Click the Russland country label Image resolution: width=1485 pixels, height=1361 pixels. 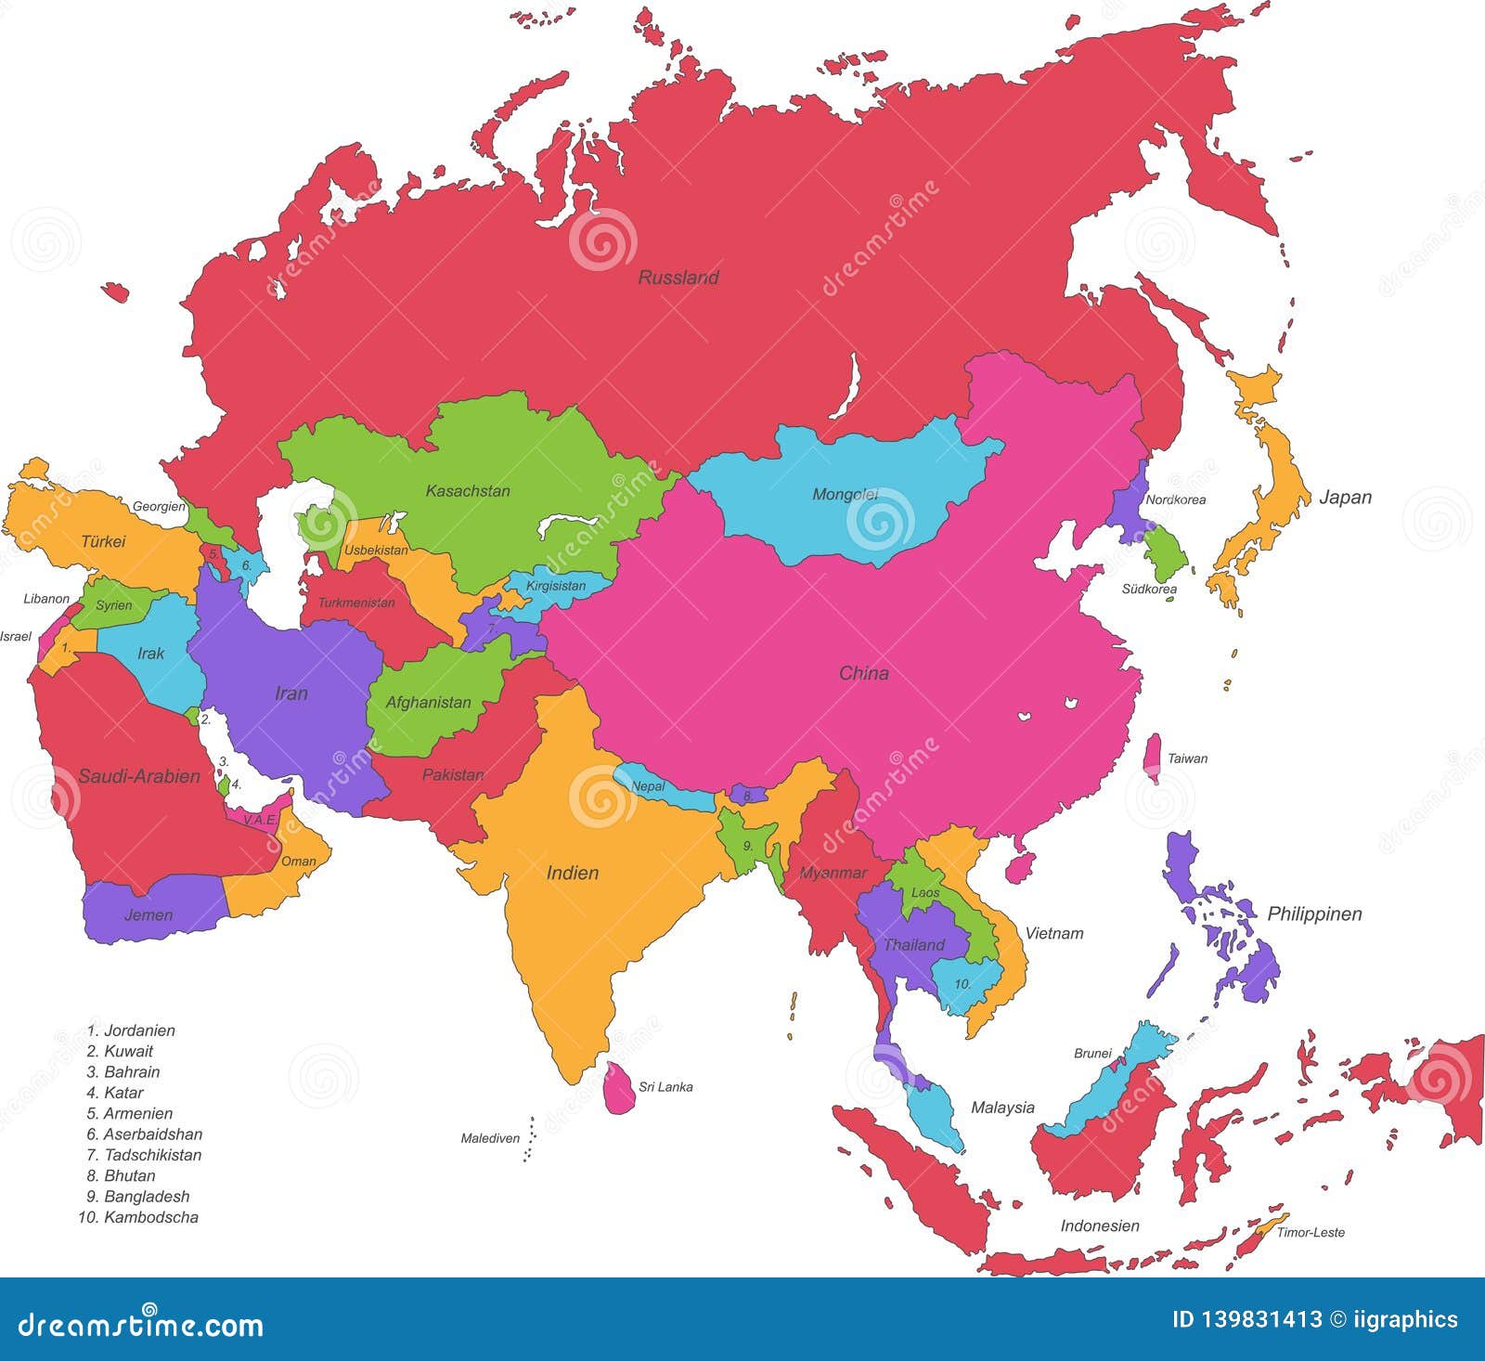click(678, 278)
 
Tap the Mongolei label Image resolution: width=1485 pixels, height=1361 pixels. click(845, 494)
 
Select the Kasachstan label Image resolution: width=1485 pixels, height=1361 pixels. click(468, 490)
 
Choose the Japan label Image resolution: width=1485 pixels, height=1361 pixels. click(1345, 498)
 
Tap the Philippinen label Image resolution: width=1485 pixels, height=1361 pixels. click(1314, 914)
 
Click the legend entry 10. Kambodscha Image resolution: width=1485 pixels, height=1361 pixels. click(138, 1217)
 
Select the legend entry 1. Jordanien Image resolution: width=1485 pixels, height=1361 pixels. click(131, 1030)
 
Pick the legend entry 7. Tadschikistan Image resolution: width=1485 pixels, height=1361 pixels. click(144, 1155)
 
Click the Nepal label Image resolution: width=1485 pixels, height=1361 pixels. click(648, 786)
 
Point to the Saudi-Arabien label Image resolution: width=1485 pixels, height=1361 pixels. click(139, 776)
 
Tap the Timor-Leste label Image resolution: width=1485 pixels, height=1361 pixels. click(1311, 1232)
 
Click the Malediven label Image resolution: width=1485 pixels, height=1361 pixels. click(490, 1138)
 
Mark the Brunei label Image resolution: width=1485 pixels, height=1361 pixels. click(1092, 1053)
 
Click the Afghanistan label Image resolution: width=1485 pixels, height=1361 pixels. click(428, 703)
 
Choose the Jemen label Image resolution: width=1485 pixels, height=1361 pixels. click(148, 915)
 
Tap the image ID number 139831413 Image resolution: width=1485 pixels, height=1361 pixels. click(1246, 1319)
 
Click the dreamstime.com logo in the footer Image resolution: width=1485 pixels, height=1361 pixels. click(141, 1322)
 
